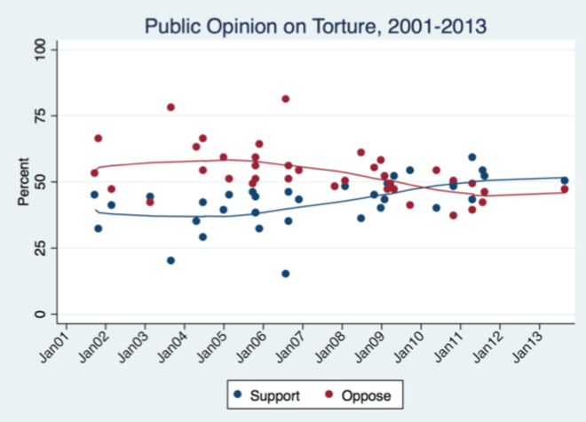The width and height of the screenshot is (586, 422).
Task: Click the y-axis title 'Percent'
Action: click(x=24, y=181)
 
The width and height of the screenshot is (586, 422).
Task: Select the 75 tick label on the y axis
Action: click(x=40, y=115)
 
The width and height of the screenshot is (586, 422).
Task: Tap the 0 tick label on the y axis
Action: click(x=40, y=314)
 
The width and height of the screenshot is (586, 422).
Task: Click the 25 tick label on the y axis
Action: click(x=40, y=248)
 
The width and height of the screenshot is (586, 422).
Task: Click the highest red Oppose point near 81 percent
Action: click(x=285, y=99)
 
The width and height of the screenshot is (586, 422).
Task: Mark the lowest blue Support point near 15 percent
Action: click(x=285, y=274)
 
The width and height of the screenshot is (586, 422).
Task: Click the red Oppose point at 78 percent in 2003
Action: click(x=170, y=107)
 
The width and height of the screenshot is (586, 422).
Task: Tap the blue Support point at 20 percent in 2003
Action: click(x=170, y=260)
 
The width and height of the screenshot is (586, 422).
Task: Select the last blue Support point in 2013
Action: click(x=564, y=180)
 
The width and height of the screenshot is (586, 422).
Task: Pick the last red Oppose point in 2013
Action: click(x=564, y=189)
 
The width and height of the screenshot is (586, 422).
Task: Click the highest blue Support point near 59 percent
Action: click(x=472, y=157)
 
